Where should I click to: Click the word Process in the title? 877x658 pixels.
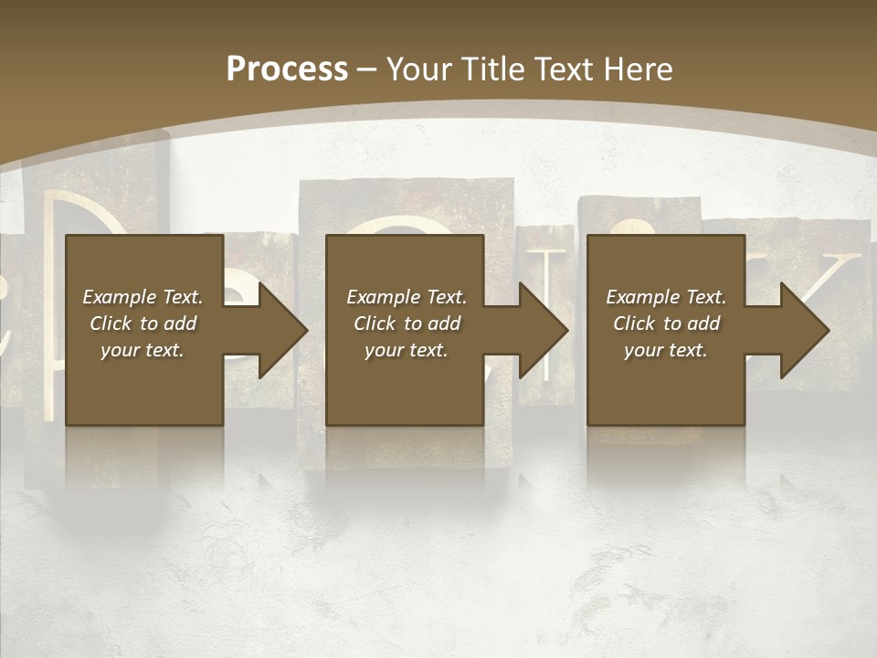287,69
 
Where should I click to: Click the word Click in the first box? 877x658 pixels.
111,324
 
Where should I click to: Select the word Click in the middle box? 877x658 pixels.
375,324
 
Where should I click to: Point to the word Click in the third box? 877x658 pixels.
634,324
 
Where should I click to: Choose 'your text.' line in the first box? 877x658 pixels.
143,350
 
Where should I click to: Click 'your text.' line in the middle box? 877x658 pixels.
407,350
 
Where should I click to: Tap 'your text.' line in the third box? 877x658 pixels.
666,350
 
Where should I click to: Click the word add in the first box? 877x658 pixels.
181,324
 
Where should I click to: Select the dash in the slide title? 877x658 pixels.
366,69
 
